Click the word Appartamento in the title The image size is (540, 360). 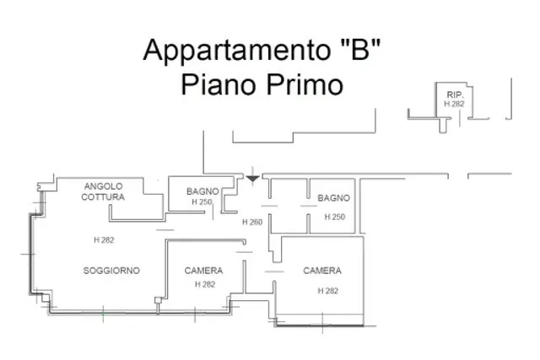point(237,51)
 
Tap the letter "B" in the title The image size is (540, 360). point(360,49)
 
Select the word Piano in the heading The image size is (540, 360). point(219,85)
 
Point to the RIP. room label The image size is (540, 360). point(455,94)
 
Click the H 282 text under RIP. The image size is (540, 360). point(454,104)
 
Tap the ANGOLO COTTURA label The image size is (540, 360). point(103,191)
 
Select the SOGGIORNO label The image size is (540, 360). point(111,271)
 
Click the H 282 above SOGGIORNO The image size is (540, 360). point(104,240)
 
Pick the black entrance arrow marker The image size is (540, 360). point(252,179)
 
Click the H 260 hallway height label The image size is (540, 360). point(252,223)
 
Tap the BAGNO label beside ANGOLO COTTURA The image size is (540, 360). point(202,191)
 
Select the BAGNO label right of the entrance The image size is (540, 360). point(334,198)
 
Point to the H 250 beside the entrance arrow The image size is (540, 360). point(202,201)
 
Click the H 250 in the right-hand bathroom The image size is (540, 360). point(335,217)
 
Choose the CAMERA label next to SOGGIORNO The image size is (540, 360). point(203,271)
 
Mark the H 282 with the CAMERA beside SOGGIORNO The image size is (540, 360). point(205,284)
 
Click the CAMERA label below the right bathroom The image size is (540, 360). point(322,271)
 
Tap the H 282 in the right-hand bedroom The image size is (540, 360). point(328,291)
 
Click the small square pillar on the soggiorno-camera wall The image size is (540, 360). point(158,300)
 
